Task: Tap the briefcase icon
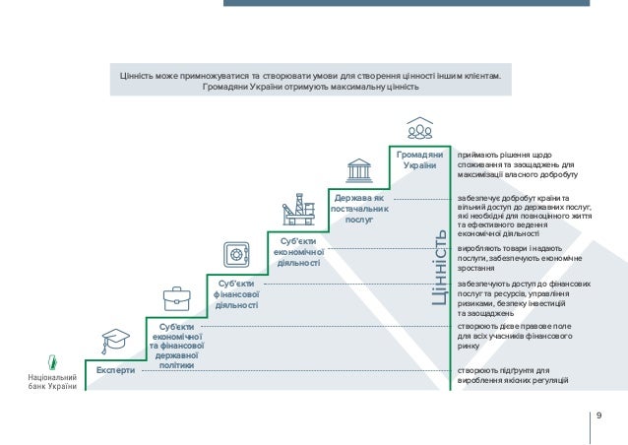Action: coord(176,296)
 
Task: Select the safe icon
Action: coord(237,254)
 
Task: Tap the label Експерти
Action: coord(115,371)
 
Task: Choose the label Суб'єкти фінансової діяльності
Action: coord(236,294)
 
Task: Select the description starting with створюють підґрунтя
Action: coord(513,375)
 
